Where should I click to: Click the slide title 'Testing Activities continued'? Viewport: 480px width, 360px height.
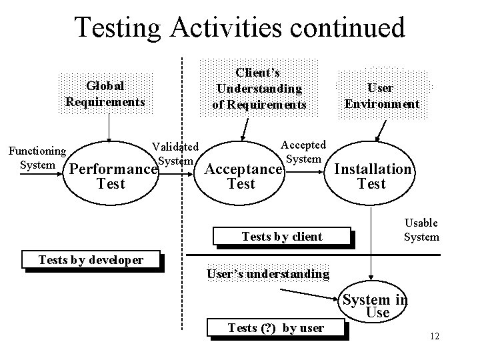[239, 28]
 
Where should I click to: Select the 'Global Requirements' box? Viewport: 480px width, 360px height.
[105, 94]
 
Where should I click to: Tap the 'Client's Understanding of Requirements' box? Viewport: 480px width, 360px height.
[259, 87]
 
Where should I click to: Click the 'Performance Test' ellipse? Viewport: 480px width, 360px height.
[111, 176]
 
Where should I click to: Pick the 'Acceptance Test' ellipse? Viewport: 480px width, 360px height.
[241, 176]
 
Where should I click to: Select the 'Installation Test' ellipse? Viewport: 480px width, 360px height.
[372, 176]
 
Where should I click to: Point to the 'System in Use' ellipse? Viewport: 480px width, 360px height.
[374, 306]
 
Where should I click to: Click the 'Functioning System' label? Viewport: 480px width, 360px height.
[37, 157]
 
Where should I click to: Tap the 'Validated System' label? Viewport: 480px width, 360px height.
[175, 153]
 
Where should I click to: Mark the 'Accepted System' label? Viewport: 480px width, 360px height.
[303, 151]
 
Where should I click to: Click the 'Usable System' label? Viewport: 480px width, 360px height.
[421, 229]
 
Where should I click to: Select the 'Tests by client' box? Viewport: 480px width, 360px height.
[281, 236]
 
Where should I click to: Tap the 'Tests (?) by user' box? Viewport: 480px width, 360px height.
[276, 327]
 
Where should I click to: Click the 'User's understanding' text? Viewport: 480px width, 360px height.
[268, 273]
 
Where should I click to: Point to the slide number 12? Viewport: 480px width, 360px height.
[435, 336]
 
